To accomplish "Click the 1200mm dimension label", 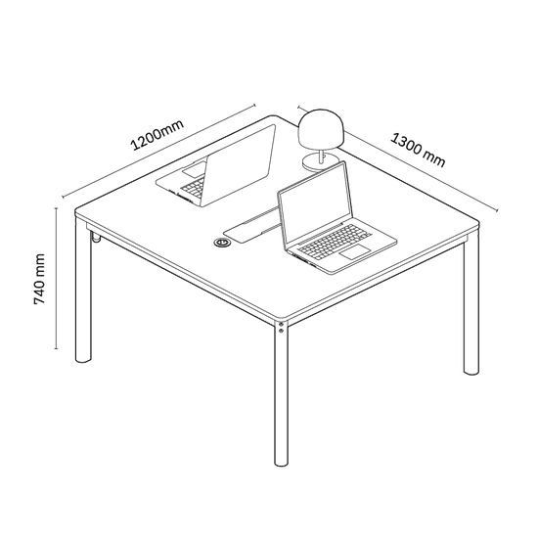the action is coord(157,135).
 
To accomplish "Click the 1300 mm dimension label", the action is coord(418,150).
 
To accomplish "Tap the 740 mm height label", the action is coord(39,279).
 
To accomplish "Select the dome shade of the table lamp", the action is coord(321,129).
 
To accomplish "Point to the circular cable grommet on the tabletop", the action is coord(222,243).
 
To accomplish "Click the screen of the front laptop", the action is coord(315,206).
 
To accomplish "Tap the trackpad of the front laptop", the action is coord(355,252).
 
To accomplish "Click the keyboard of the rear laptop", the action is coord(193,188).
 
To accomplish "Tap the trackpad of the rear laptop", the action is coord(194,170).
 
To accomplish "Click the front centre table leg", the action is coord(282,393).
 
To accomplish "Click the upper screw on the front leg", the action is coord(281,324).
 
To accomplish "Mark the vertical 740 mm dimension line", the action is coord(56,278).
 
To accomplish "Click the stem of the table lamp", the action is coord(322,157).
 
